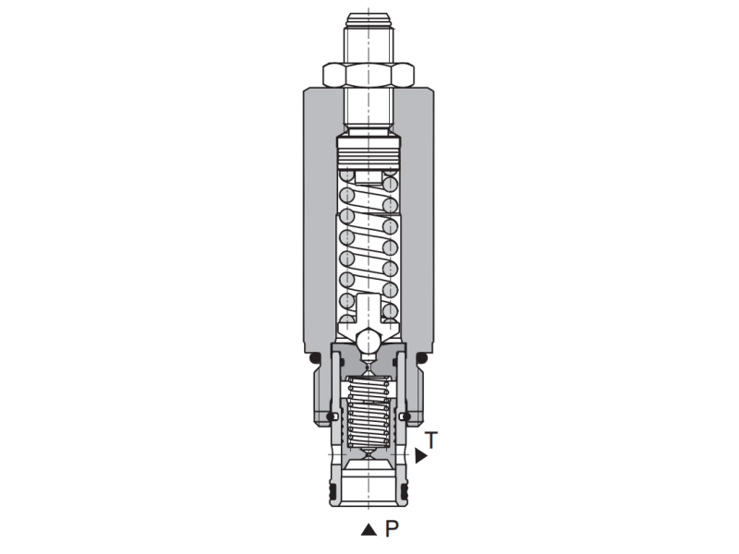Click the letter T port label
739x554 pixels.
tap(430, 440)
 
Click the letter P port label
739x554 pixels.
tap(391, 529)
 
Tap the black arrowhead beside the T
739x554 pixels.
tap(420, 455)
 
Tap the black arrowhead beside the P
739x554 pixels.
tap(368, 530)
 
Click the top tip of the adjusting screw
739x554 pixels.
tap(369, 16)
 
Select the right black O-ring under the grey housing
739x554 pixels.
tap(422, 356)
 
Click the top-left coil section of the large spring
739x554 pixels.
tap(348, 175)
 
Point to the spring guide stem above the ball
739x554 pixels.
tap(369, 309)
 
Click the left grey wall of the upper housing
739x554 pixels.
tap(319, 222)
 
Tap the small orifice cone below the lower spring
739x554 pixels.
tap(369, 455)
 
